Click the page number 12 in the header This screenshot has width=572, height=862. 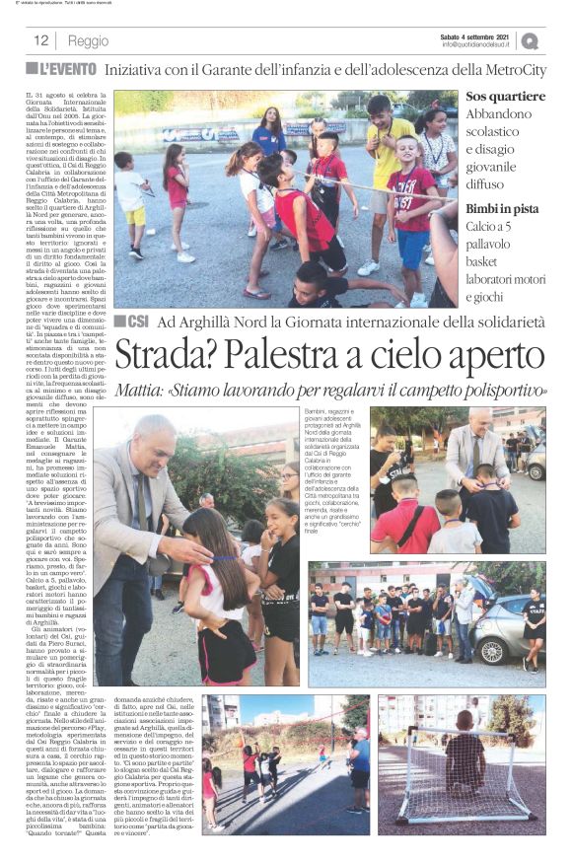pos(41,40)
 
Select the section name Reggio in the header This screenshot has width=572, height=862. pos(89,40)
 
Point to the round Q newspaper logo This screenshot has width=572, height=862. pos(530,40)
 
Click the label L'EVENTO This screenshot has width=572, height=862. pos(68,70)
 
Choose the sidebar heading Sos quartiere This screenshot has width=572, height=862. pos(505,97)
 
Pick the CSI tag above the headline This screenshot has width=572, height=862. pos(134,322)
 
